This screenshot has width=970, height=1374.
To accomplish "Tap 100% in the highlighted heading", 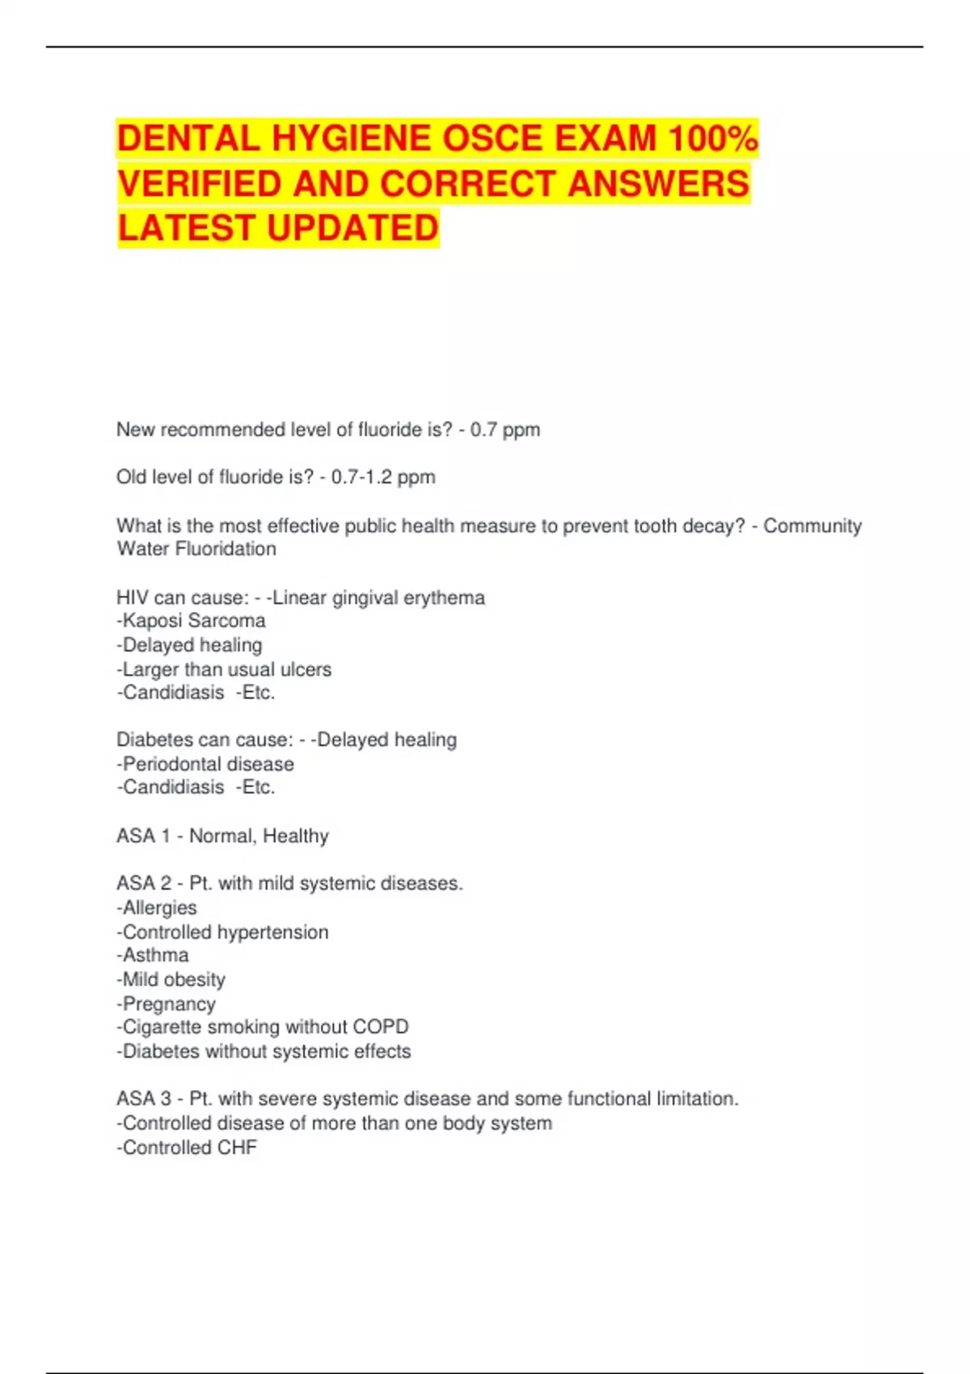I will (x=712, y=138).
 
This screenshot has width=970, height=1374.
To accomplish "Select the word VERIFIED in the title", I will (x=200, y=183).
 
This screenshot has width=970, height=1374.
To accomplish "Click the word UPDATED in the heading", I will (x=353, y=228).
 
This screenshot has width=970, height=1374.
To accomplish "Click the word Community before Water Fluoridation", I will (x=812, y=526).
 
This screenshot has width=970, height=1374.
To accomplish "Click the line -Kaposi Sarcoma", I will (x=191, y=621).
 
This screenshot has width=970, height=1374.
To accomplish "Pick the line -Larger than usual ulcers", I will (x=224, y=669).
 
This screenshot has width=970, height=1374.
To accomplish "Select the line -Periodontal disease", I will (x=205, y=764).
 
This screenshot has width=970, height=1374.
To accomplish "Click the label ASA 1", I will (x=143, y=836).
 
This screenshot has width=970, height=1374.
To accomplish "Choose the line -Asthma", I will (x=153, y=955).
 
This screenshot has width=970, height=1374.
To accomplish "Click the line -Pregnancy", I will (x=167, y=1004).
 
